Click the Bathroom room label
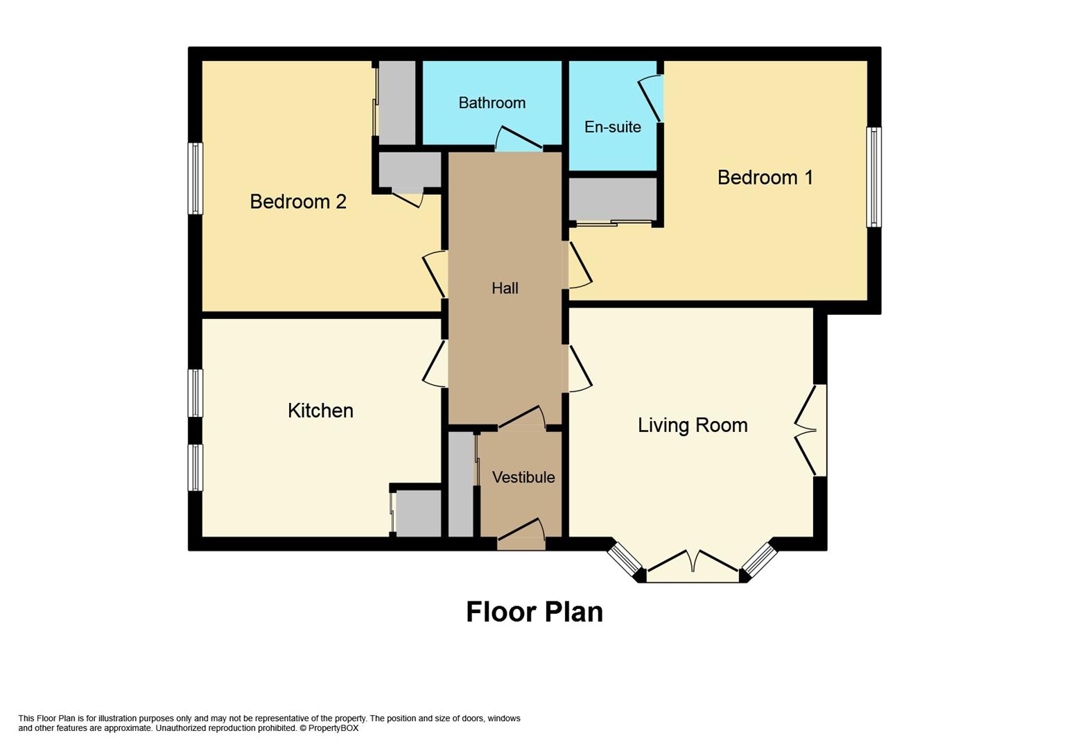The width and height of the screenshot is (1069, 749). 492,103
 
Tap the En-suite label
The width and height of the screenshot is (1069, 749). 613,127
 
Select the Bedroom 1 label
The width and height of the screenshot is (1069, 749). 765,178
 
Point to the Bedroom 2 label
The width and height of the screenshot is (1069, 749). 298,201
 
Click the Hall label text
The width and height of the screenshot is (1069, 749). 505,288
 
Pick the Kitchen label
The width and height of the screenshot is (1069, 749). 321,411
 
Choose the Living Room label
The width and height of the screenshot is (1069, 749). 693,425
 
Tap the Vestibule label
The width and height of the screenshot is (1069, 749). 523,477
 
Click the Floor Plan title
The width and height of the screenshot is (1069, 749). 534,612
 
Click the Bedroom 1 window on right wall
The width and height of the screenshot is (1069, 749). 874,177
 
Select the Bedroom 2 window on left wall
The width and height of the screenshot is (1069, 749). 195,178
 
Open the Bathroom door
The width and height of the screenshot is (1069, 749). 519,138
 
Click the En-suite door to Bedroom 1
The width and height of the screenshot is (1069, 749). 651,98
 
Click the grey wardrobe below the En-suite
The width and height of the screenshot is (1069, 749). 613,199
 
